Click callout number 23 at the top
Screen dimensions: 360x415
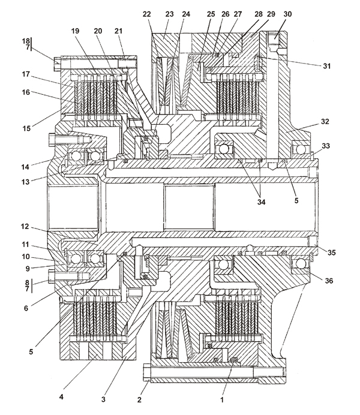(169, 14)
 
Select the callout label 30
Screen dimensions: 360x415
(287, 14)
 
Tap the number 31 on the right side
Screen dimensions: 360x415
(326, 66)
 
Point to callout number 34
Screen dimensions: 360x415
(261, 202)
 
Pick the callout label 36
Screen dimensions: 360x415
(329, 281)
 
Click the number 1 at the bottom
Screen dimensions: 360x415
(222, 399)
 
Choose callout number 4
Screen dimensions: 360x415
(61, 397)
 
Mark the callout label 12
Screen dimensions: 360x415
(25, 227)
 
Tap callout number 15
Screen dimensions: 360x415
(26, 128)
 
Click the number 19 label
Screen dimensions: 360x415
(75, 31)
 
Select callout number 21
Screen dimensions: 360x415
(118, 31)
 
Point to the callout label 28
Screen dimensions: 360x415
(259, 14)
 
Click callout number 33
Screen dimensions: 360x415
(326, 146)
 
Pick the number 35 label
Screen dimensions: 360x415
(331, 252)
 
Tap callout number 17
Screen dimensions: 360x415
(26, 74)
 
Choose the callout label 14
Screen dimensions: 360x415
(25, 167)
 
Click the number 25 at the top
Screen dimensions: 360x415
(211, 14)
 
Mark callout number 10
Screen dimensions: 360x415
(26, 257)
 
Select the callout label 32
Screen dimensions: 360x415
(325, 122)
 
